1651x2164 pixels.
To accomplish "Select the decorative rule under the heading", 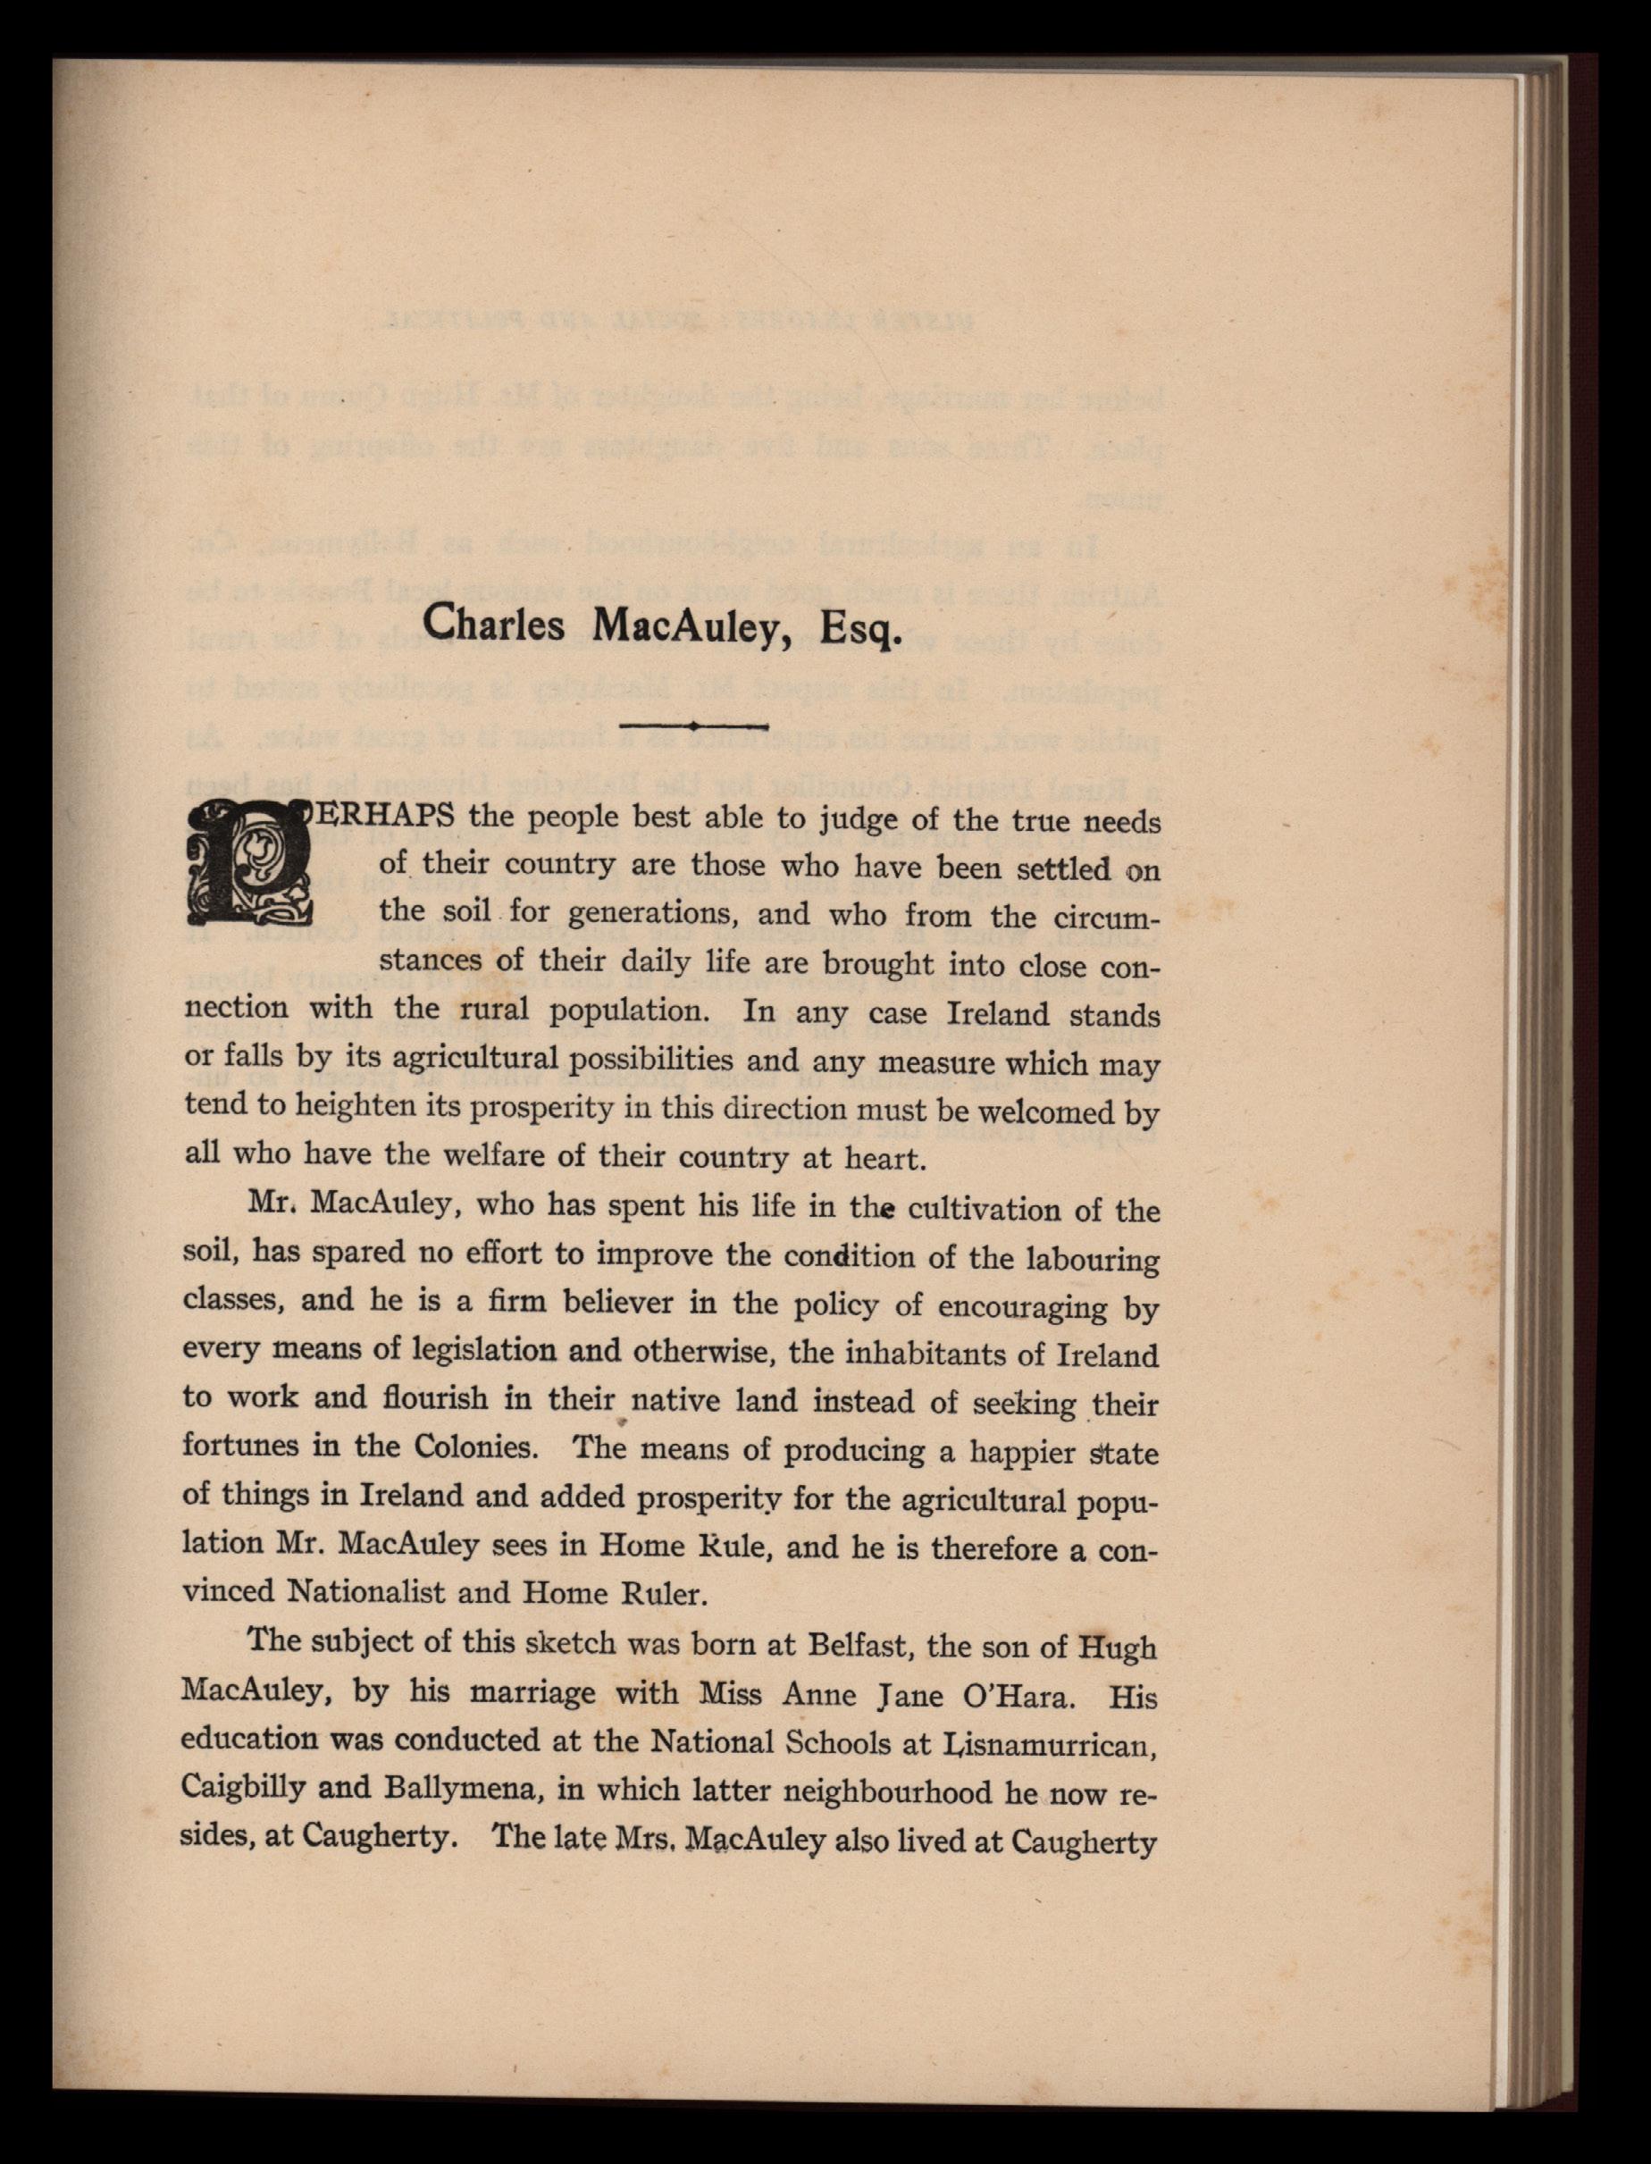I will tap(695, 726).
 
